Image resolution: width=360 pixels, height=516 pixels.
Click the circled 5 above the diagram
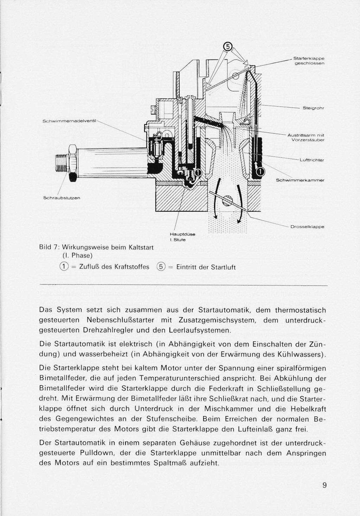[227, 46]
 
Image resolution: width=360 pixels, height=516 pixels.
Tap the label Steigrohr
[313, 108]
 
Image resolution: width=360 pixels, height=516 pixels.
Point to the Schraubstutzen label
[62, 198]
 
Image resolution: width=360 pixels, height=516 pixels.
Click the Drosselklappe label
[307, 227]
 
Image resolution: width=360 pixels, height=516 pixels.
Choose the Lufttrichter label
[311, 160]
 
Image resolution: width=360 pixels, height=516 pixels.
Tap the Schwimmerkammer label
[300, 180]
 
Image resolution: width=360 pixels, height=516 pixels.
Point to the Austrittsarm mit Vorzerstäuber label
[306, 137]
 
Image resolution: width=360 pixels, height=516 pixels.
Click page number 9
[324, 485]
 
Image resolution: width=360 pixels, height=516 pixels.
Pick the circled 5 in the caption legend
[161, 266]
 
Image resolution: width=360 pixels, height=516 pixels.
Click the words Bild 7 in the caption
[48, 247]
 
